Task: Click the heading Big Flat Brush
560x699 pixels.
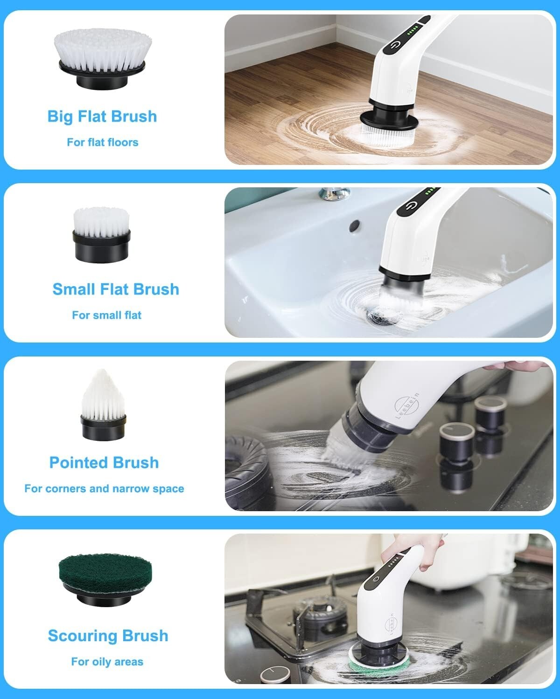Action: [x=102, y=116]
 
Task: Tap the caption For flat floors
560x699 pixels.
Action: [x=102, y=142]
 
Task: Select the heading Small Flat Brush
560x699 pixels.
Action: [x=116, y=289]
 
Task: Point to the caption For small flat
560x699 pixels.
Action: [x=106, y=315]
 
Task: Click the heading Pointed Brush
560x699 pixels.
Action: [x=104, y=463]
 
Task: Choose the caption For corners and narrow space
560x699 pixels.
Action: [x=104, y=489]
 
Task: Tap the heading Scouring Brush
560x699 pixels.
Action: [x=108, y=636]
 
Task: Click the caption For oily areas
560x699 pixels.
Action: [x=107, y=662]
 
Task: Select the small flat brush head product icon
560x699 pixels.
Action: [x=101, y=233]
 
